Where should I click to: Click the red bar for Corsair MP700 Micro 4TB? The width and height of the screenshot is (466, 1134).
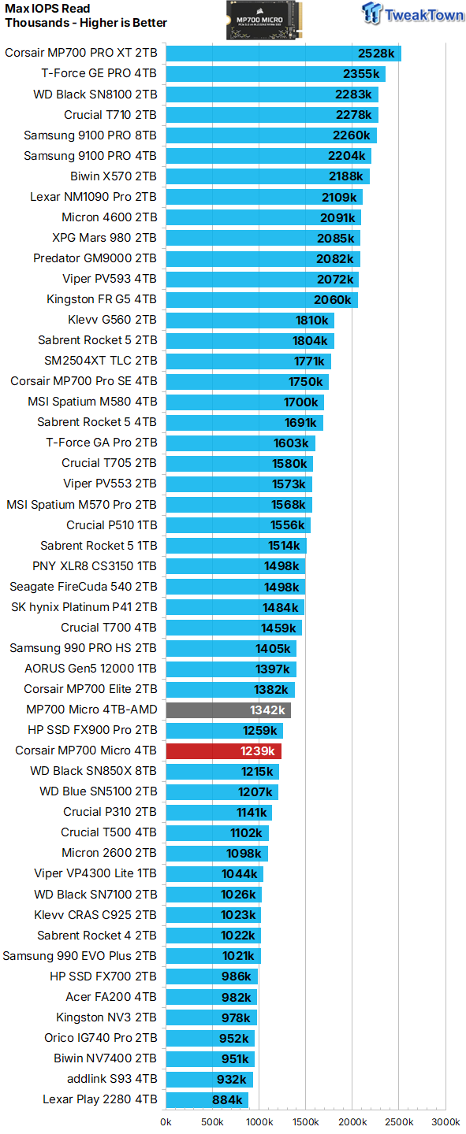(x=223, y=750)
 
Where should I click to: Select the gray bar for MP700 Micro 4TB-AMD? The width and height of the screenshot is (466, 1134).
(x=228, y=710)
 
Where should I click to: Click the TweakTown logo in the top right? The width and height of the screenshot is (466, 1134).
(x=412, y=14)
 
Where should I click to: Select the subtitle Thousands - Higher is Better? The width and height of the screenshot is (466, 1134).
(x=86, y=23)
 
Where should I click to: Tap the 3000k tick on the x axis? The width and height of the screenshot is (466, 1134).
(x=445, y=1121)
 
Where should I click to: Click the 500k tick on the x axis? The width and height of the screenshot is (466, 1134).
(x=212, y=1121)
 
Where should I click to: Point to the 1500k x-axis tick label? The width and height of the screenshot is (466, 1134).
(x=305, y=1121)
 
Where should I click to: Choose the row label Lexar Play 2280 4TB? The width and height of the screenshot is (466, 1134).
(x=99, y=1099)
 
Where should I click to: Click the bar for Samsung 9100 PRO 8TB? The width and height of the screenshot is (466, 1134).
(x=270, y=135)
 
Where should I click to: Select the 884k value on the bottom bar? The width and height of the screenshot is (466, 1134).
(x=227, y=1100)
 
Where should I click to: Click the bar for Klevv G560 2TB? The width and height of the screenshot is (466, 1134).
(x=249, y=320)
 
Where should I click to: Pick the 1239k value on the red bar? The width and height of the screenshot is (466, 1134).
(x=258, y=751)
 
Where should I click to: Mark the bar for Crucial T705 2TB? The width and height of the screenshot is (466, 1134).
(x=239, y=463)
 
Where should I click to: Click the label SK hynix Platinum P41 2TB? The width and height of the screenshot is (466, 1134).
(x=84, y=606)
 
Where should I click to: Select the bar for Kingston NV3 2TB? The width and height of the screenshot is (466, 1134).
(x=211, y=1017)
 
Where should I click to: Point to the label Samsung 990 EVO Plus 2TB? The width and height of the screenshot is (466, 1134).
(x=80, y=956)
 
